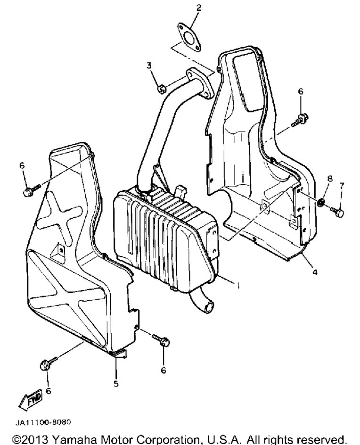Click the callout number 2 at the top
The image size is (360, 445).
pyautogui.click(x=198, y=8)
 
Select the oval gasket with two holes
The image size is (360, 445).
pyautogui.click(x=189, y=38)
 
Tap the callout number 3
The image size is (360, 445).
pyautogui.click(x=149, y=66)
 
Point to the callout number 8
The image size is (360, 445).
pyautogui.click(x=330, y=179)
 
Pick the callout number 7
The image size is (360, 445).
pyautogui.click(x=342, y=186)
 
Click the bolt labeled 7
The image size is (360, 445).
pyautogui.click(x=337, y=212)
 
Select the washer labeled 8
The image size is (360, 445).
pyautogui.click(x=321, y=203)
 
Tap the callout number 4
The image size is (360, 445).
pyautogui.click(x=315, y=272)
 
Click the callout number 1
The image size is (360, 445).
pyautogui.click(x=238, y=285)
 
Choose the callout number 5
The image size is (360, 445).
pyautogui.click(x=116, y=384)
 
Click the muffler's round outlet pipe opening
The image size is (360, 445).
pyautogui.click(x=210, y=308)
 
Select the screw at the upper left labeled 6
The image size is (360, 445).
pyautogui.click(x=31, y=190)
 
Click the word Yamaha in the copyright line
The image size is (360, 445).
pyautogui.click(x=74, y=439)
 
